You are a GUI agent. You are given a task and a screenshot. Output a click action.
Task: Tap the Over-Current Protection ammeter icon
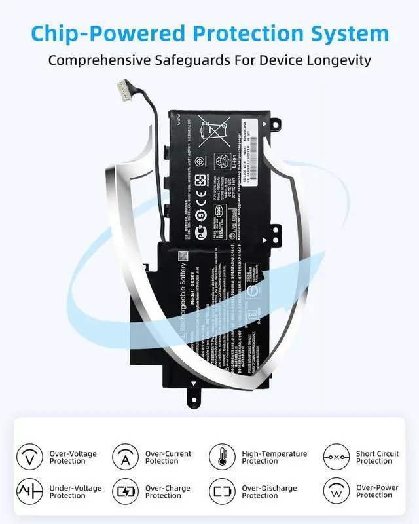(125, 457)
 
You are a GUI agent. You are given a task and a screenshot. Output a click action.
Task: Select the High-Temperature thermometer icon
(222, 457)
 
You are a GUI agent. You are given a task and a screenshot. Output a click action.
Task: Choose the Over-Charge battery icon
(125, 491)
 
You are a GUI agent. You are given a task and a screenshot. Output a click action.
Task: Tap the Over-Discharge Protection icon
(222, 491)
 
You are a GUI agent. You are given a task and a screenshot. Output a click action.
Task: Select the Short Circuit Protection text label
(377, 457)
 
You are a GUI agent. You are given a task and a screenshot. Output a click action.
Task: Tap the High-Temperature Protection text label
(274, 457)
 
